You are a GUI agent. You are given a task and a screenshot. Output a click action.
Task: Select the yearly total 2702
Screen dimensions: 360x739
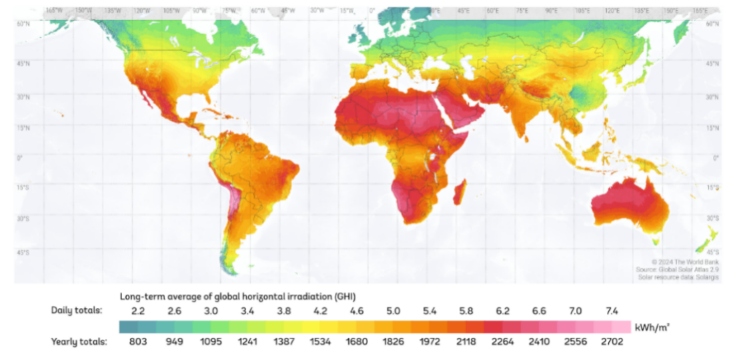[x=611, y=342]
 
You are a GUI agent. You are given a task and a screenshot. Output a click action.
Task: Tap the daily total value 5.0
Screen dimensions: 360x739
[x=393, y=311]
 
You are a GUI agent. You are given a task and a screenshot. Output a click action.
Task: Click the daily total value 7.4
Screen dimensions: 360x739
[x=611, y=311]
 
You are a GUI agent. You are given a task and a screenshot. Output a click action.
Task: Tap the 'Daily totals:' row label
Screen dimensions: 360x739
[x=78, y=311]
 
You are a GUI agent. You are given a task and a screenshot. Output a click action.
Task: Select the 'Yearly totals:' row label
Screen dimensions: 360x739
[x=79, y=342]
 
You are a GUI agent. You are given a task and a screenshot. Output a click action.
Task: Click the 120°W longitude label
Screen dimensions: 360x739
[x=141, y=11]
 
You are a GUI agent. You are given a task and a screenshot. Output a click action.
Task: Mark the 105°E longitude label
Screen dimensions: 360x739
[x=584, y=11]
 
